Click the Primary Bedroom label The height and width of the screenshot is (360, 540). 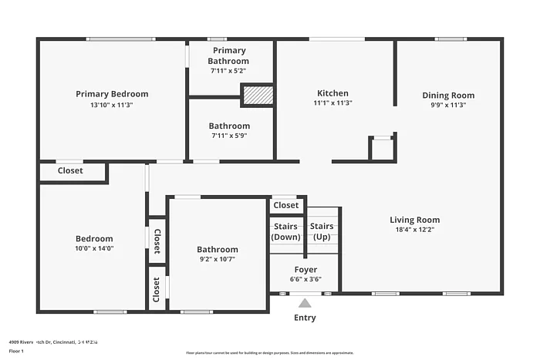pyautogui.click(x=112, y=94)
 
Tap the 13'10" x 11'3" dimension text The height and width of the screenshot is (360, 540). pyautogui.click(x=112, y=105)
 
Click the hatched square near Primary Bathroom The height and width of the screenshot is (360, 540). pyautogui.click(x=258, y=95)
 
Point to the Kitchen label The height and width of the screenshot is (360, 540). pyautogui.click(x=332, y=93)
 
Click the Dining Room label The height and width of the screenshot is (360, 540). pyautogui.click(x=448, y=96)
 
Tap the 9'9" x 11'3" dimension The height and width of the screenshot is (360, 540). pyautogui.click(x=448, y=106)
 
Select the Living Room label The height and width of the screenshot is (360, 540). pyautogui.click(x=414, y=220)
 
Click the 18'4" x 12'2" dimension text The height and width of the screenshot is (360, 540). pyautogui.click(x=414, y=230)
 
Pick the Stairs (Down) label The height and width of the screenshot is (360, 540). pyautogui.click(x=286, y=231)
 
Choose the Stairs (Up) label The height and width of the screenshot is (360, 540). pyautogui.click(x=322, y=231)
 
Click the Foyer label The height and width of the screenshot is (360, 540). pyautogui.click(x=305, y=270)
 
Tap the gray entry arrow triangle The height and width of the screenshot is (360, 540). pyautogui.click(x=305, y=303)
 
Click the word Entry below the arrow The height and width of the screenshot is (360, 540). pyautogui.click(x=305, y=318)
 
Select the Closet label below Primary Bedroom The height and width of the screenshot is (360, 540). pyautogui.click(x=70, y=170)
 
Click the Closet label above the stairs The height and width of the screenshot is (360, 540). pyautogui.click(x=286, y=205)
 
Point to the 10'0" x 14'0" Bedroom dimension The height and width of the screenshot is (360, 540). pyautogui.click(x=94, y=248)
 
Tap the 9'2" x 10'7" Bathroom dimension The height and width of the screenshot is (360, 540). pyautogui.click(x=218, y=259)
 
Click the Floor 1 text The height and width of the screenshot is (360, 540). pyautogui.click(x=17, y=351)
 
